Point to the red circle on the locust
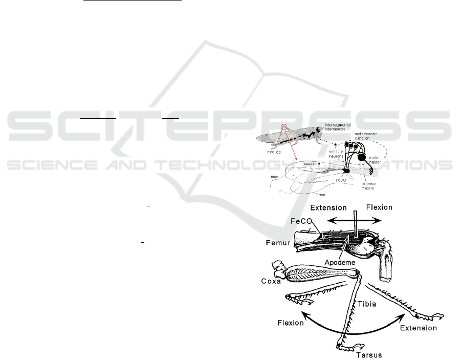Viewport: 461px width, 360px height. point(285,126)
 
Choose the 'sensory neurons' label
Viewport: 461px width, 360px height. point(337,154)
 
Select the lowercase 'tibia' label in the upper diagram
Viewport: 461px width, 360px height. point(275,177)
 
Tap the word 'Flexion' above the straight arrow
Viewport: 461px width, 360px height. point(379,207)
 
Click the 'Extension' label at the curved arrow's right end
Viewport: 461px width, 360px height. point(418,328)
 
